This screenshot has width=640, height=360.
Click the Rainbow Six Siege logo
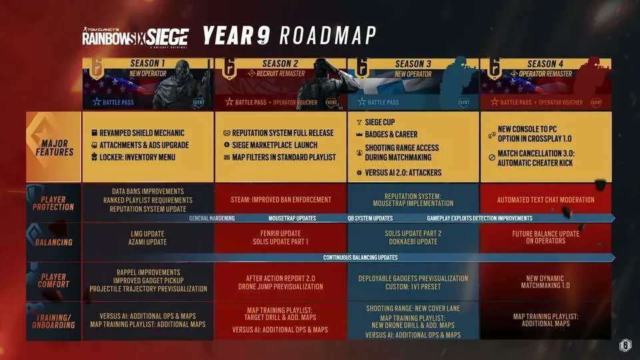click(x=135, y=36)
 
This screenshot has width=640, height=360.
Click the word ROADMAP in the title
click(x=327, y=35)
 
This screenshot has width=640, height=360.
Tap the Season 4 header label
click(x=545, y=64)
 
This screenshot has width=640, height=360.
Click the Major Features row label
click(x=54, y=147)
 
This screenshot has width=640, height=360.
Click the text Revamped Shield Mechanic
click(x=142, y=133)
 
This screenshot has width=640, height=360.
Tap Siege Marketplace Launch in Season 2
click(x=275, y=145)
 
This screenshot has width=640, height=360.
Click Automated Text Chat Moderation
click(x=545, y=199)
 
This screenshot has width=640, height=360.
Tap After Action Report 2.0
click(x=280, y=278)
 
